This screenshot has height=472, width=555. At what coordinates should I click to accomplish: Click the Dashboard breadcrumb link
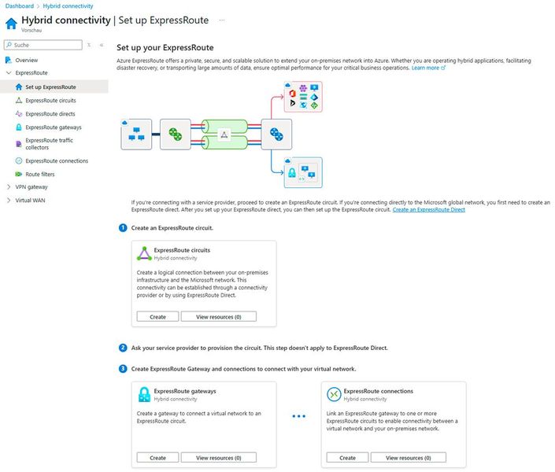click(20, 6)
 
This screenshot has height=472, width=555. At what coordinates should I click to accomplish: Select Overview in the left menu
click(26, 60)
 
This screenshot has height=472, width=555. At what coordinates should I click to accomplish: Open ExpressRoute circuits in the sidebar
click(50, 101)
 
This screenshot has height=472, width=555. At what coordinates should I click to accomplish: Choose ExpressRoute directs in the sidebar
click(50, 114)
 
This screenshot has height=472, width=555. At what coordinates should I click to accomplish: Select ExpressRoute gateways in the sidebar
click(53, 127)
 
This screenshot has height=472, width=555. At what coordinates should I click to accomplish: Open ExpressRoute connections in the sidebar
click(57, 161)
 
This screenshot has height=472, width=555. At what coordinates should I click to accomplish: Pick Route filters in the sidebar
click(39, 175)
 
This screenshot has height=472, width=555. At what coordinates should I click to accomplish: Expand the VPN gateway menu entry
click(31, 187)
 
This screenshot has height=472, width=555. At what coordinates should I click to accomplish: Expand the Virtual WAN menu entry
click(31, 201)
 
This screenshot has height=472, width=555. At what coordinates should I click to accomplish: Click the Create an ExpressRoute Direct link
click(428, 209)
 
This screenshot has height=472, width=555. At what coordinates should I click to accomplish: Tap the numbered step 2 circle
click(123, 348)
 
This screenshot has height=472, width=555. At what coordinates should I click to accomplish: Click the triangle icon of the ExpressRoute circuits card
click(143, 253)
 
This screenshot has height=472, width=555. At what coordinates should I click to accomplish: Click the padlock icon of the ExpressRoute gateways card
click(143, 394)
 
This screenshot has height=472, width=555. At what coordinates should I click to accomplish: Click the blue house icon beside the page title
click(11, 23)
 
